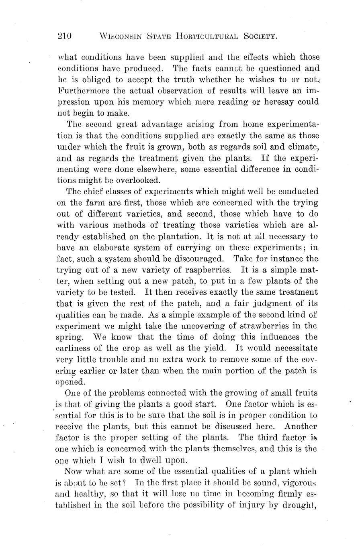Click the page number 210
point(64,36)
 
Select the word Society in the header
point(261,36)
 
